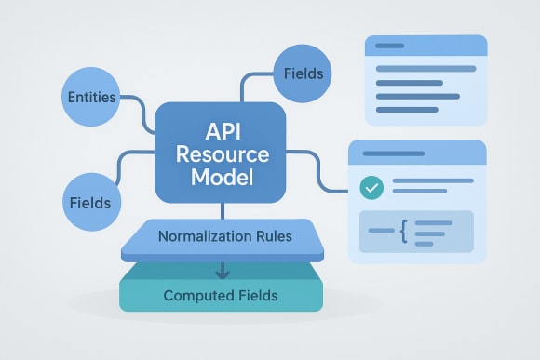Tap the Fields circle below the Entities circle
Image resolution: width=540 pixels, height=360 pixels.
89,202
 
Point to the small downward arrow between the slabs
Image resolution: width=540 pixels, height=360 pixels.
222,272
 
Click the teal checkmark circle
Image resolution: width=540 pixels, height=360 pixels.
371,187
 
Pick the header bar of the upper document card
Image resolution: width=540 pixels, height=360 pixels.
426,46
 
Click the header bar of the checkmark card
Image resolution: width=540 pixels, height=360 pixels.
417,152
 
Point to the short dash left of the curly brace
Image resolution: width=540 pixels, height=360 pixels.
381,230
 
